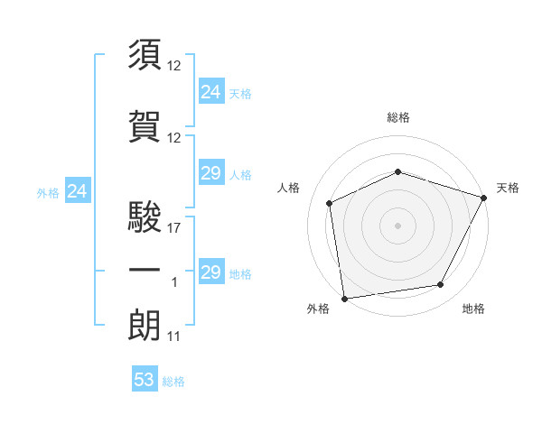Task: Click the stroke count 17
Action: tap(174, 228)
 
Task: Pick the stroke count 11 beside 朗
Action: tap(174, 336)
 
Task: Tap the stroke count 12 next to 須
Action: tap(174, 65)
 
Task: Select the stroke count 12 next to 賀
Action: tap(174, 137)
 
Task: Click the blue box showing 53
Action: tap(145, 380)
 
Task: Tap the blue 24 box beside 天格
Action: tap(211, 91)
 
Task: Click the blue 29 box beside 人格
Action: tap(211, 173)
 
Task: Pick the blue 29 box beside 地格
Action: tap(211, 272)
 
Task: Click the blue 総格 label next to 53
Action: tap(173, 382)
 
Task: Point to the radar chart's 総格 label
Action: tap(398, 117)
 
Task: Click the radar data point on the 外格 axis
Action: tap(344, 298)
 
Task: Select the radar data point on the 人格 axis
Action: tap(330, 203)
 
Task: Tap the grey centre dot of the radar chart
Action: tap(398, 225)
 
